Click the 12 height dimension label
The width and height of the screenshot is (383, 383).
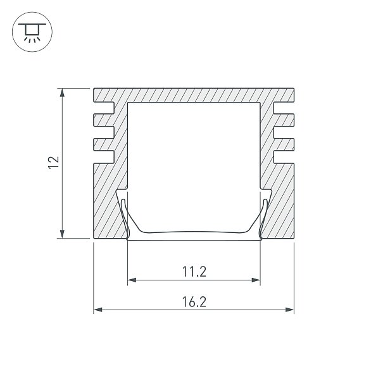54,163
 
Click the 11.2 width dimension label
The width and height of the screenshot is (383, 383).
194,272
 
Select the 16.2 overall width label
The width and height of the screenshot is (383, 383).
194,302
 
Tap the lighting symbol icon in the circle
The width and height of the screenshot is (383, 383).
32,32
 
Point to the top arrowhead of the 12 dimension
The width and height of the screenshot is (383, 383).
62,93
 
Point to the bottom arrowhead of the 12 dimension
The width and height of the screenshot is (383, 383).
62,234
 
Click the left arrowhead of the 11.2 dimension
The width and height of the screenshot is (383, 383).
132,280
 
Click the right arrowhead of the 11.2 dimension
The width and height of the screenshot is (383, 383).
256,280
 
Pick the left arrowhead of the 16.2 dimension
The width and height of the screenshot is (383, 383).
98,310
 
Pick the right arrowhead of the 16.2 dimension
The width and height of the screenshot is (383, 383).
289,310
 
